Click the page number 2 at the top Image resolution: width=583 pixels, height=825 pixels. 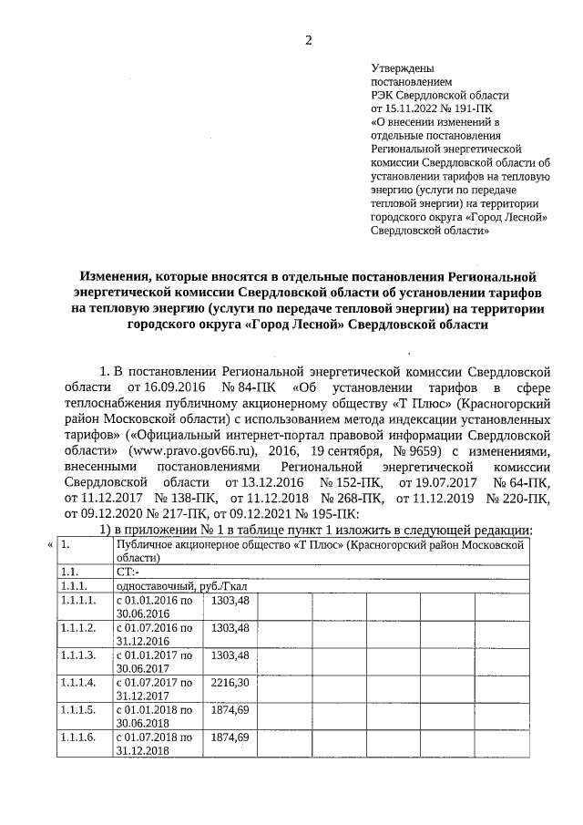point(308,39)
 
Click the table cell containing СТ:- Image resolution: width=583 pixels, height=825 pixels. point(128,572)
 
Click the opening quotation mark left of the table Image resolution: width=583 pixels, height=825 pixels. point(49,544)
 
